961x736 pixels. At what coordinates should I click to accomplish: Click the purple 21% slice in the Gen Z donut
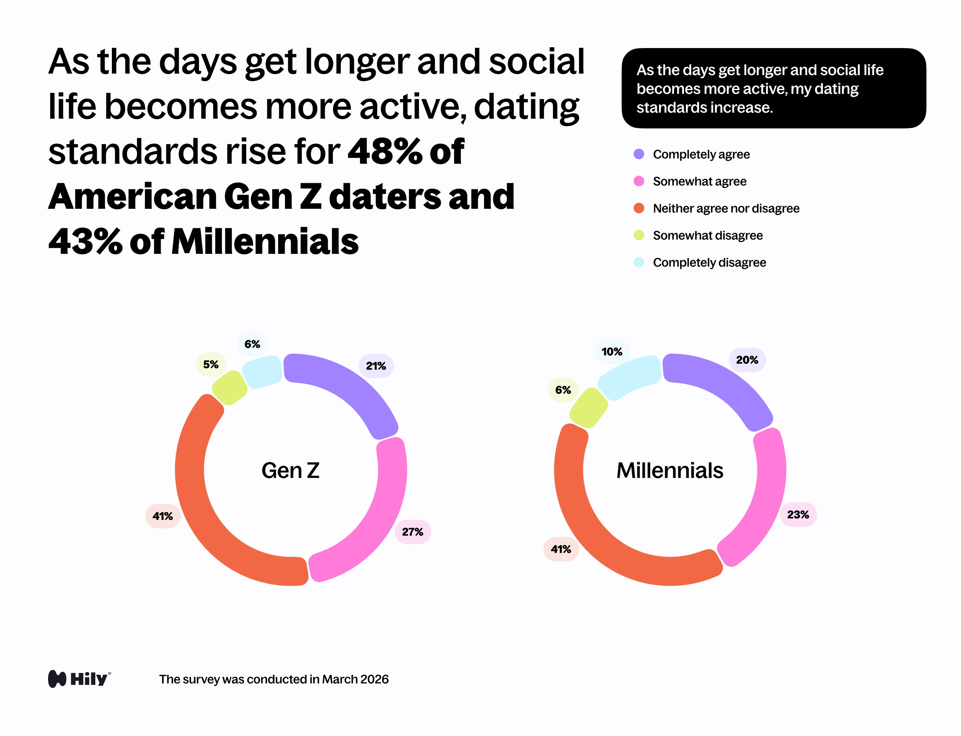[x=346, y=390]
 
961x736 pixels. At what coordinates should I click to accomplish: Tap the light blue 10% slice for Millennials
[x=628, y=377]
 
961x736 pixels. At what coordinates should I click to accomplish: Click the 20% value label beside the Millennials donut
[x=747, y=360]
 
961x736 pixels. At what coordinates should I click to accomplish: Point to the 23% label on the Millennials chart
[x=798, y=514]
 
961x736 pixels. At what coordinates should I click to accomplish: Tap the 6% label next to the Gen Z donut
[x=252, y=344]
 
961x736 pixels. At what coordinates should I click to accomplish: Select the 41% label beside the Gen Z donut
[x=163, y=516]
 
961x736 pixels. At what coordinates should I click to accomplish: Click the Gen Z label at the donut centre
[x=291, y=471]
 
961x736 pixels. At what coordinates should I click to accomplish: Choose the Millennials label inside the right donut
[x=670, y=471]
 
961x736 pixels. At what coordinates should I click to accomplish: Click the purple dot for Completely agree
[x=639, y=154]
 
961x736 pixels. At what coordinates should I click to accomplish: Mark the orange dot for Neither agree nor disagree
[x=639, y=208]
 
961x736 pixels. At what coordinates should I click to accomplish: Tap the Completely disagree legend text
[x=709, y=262]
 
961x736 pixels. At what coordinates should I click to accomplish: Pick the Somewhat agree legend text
[x=699, y=181]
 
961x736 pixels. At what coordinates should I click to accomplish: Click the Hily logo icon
[x=57, y=679]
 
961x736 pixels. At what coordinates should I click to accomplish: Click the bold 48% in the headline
[x=384, y=152]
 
